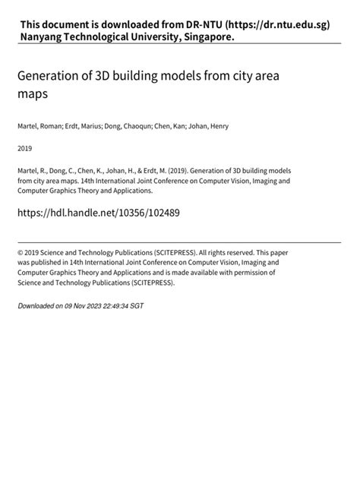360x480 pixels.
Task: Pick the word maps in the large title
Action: tap(33, 96)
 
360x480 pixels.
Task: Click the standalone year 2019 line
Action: tap(25, 148)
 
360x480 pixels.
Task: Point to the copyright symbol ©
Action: tap(21, 251)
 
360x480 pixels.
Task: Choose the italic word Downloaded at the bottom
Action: tap(36, 305)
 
